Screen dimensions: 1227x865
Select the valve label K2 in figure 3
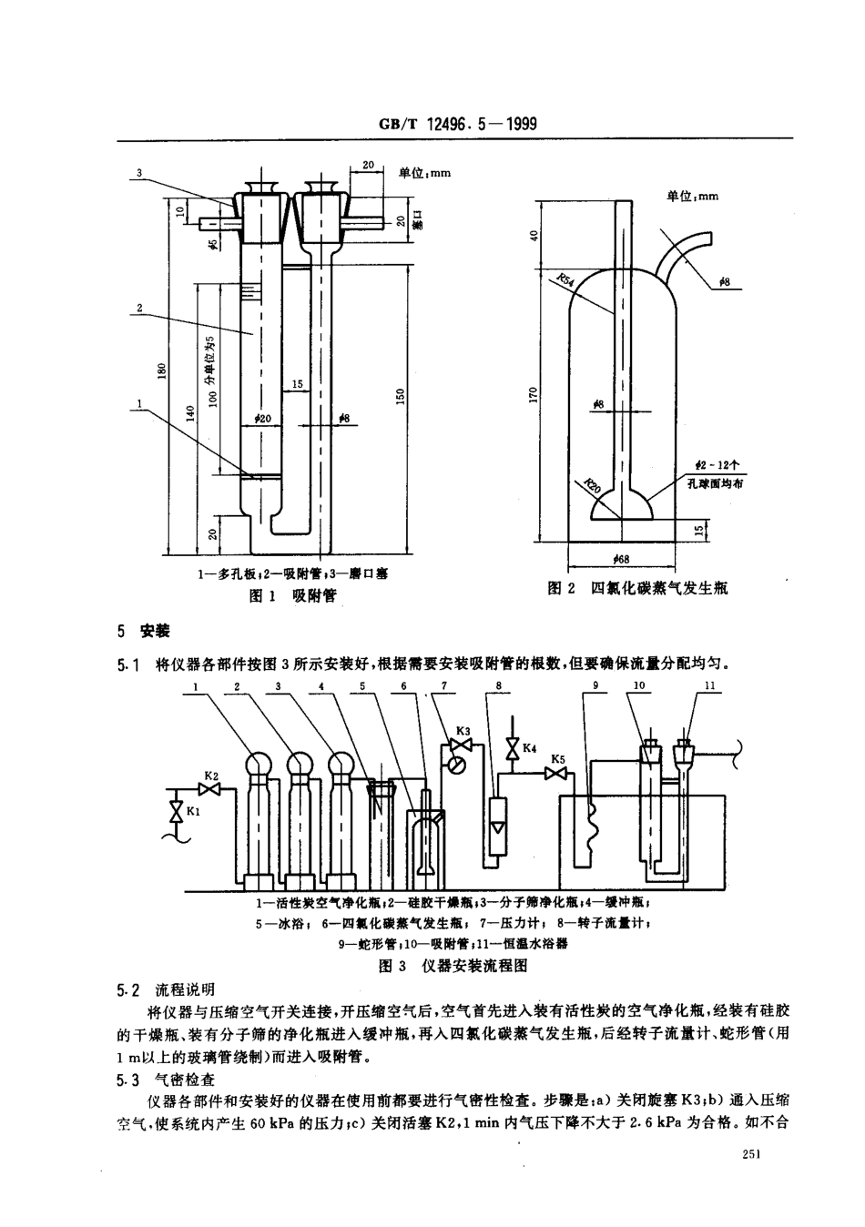209,776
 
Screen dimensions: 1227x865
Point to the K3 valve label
463,731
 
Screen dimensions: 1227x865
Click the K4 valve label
529,748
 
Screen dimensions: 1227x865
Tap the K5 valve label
558,758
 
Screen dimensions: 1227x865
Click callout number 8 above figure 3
498,685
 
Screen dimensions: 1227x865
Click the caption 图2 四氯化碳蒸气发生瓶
637,590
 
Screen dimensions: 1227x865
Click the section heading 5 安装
145,632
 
